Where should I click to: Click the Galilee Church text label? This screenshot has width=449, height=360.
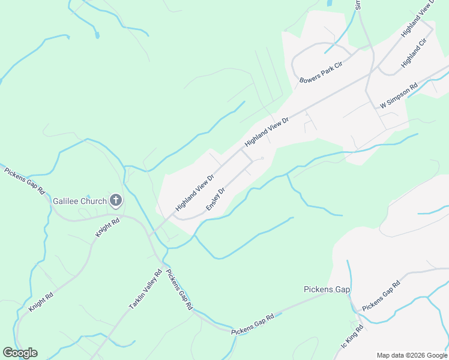80,201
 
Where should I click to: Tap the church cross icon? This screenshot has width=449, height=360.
116,201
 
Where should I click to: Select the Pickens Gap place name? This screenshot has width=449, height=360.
327,290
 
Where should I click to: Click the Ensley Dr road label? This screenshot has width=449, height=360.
215,199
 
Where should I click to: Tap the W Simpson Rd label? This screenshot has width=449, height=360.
399,96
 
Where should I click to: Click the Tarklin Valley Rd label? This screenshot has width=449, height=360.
145,290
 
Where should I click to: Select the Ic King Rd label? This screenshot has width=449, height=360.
352,338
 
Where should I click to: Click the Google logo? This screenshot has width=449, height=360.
20,353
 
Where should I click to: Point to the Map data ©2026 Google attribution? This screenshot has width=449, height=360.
412,355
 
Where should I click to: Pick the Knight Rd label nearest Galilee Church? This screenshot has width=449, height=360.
108,229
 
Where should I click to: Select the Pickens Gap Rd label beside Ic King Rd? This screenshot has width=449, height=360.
381,296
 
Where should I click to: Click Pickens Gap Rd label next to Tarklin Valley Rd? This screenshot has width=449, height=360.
179,289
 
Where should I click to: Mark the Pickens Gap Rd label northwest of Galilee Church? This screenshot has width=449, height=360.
25,181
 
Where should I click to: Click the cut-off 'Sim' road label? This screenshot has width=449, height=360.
357,5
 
